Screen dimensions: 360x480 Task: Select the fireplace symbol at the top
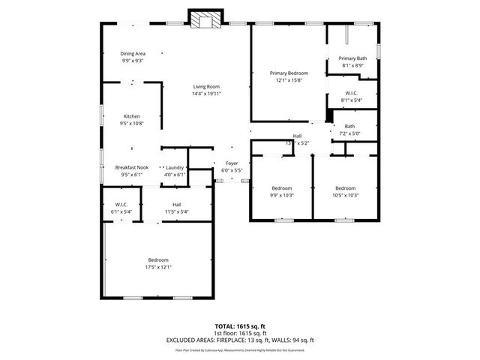(x=202, y=20)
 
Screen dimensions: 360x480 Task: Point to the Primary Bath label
(x=352, y=58)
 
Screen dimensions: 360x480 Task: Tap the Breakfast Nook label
(x=131, y=167)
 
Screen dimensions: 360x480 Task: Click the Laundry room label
(x=175, y=167)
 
